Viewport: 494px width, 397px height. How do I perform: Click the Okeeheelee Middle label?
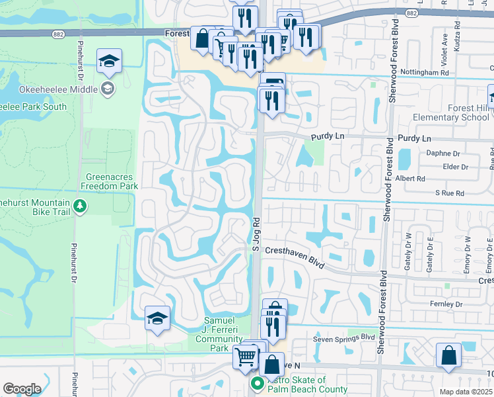click(x=58, y=89)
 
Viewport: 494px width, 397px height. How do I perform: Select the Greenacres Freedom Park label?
click(x=112, y=181)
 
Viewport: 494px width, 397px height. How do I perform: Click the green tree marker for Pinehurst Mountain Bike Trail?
click(x=80, y=206)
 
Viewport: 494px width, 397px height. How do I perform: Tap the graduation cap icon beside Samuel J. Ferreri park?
click(x=158, y=319)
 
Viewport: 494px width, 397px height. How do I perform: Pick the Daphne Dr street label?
click(x=442, y=153)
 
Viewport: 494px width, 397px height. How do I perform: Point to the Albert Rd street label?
click(x=429, y=179)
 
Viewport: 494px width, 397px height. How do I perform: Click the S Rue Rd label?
click(x=450, y=193)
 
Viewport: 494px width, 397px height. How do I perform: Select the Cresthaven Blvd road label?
click(x=295, y=257)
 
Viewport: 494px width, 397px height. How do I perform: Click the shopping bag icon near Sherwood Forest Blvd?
click(x=449, y=356)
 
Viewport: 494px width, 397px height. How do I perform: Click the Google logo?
click(x=22, y=389)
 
